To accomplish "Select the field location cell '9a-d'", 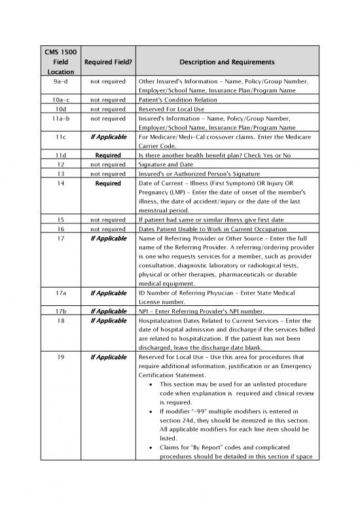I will pyautogui.click(x=60, y=81).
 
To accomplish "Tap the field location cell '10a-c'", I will pyautogui.click(x=60, y=100).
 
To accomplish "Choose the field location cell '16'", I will pyautogui.click(x=60, y=229).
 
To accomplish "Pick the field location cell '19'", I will pyautogui.click(x=60, y=358).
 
